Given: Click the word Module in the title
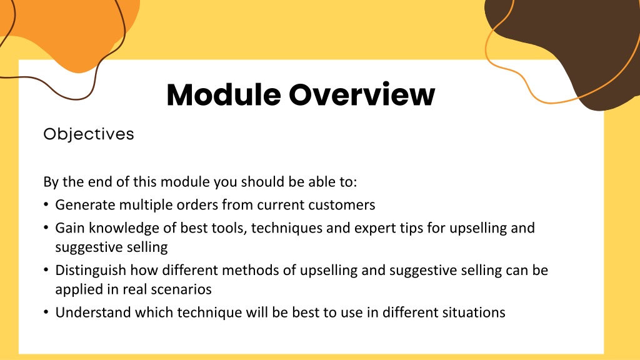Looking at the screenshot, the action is click(x=224, y=95).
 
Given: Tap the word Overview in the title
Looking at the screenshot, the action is click(x=362, y=95).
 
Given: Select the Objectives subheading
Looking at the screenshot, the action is click(x=89, y=134).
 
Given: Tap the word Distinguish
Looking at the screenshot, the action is click(x=91, y=270).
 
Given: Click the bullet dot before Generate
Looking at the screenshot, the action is click(x=46, y=204).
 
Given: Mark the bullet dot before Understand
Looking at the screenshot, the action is click(x=46, y=312).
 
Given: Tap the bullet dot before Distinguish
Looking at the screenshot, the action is click(x=46, y=270).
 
